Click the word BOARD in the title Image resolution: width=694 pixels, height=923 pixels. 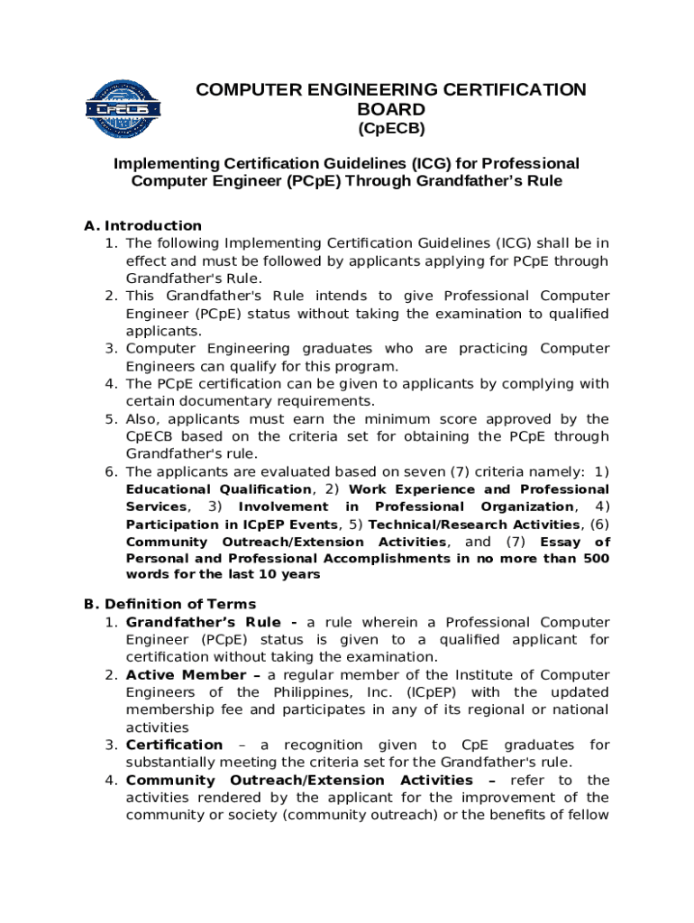point(391,110)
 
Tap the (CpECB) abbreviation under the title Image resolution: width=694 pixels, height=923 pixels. point(391,129)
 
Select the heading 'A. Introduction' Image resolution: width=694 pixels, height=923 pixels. point(143,225)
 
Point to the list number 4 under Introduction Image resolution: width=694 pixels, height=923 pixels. point(111,384)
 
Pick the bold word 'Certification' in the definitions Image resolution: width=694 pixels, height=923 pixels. point(174,745)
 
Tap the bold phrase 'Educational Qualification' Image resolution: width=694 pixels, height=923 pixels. point(218,489)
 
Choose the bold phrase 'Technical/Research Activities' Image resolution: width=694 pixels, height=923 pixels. point(474,525)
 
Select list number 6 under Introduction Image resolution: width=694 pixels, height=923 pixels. point(111,472)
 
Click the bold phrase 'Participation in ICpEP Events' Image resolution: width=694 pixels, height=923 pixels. point(232,525)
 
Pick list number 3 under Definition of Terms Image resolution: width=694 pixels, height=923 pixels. point(111,745)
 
